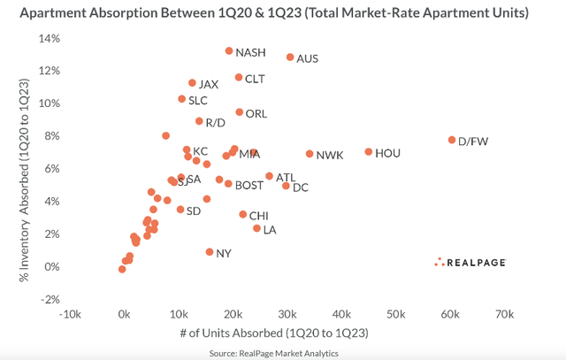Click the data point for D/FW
click(452, 141)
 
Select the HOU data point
click(369, 152)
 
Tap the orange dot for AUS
click(289, 57)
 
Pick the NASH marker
click(229, 51)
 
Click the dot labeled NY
click(210, 252)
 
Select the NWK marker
click(310, 154)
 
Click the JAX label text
click(208, 85)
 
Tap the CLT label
click(255, 80)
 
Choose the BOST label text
click(249, 186)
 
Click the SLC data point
click(182, 99)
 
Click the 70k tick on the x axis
click(504, 314)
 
